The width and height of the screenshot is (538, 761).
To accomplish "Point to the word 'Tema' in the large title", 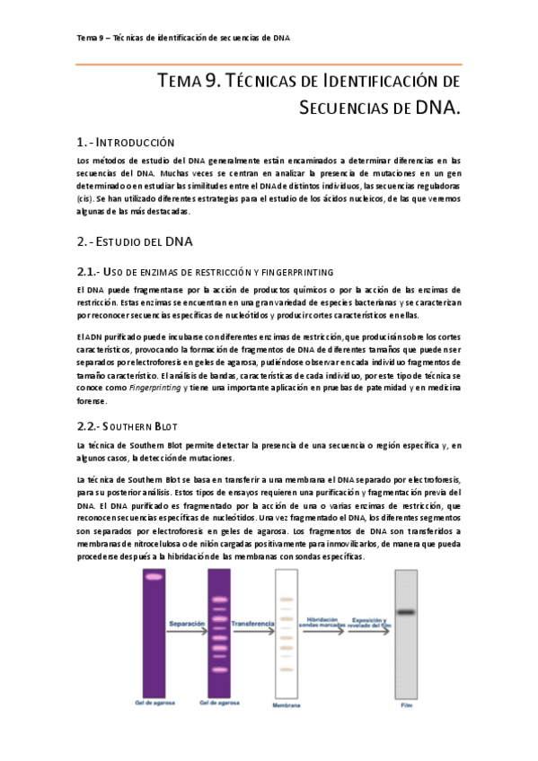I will click(180, 83).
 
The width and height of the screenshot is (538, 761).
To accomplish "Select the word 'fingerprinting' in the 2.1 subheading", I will click(297, 272).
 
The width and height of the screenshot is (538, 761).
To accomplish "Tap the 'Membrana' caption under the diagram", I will click(287, 705).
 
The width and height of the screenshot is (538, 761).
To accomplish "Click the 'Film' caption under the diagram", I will click(406, 705).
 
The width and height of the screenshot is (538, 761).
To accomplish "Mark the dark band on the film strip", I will click(406, 613).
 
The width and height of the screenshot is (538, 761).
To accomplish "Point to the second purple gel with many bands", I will click(219, 632).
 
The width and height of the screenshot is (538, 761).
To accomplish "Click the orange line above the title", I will click(269, 64).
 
